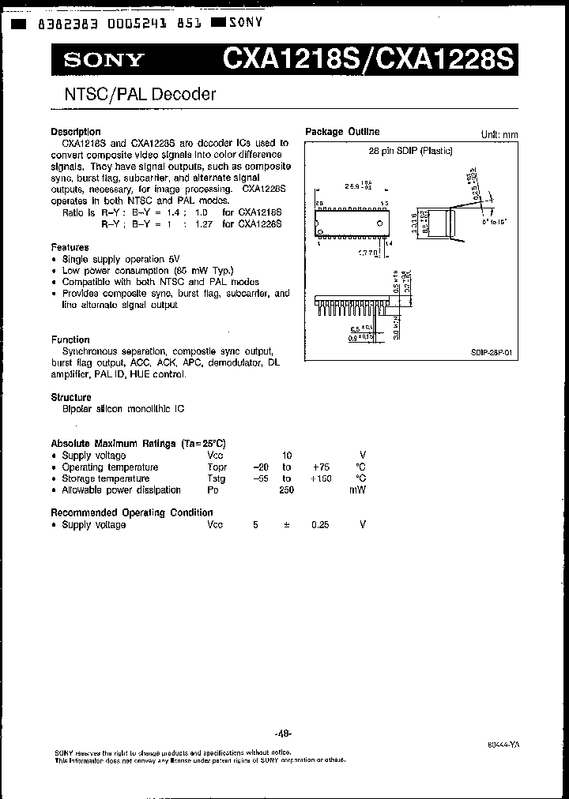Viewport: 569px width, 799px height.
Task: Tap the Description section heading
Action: (76, 132)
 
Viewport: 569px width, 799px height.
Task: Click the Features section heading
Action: (70, 247)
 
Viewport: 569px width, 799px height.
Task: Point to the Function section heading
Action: (70, 339)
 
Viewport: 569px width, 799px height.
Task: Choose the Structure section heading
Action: (71, 397)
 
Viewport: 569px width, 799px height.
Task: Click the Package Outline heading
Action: (342, 132)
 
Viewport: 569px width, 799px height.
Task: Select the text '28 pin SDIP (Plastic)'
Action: (411, 150)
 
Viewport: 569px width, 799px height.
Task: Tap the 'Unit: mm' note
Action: (499, 134)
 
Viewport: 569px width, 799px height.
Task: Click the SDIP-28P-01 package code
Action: (496, 354)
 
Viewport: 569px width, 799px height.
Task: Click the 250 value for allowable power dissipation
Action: (286, 490)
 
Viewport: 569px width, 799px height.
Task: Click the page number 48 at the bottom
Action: (283, 734)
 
